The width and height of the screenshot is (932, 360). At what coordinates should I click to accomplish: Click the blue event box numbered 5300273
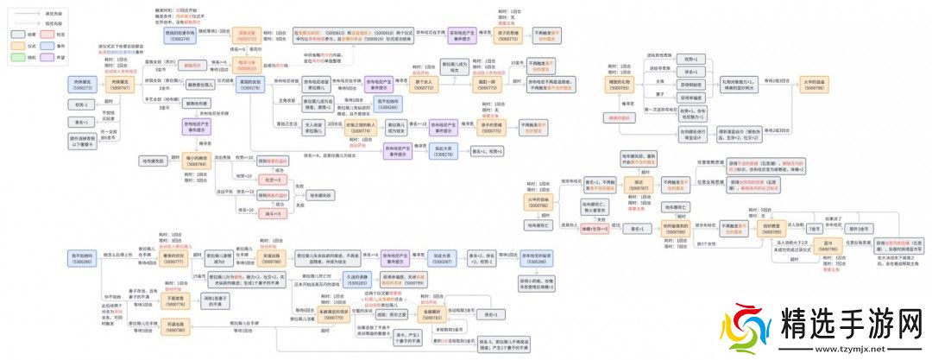point(84,83)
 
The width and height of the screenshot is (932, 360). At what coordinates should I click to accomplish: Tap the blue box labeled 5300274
point(181,36)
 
